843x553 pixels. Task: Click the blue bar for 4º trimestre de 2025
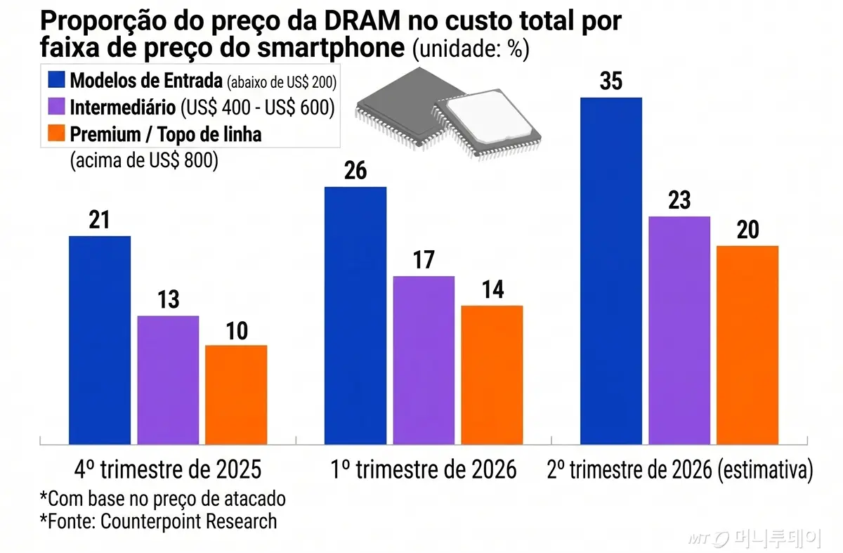[100, 340]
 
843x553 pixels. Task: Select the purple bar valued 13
[168, 380]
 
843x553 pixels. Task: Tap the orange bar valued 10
[236, 395]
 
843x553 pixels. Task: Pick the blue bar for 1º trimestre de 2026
[355, 315]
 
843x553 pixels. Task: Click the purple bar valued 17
[424, 360]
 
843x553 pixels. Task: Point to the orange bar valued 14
[492, 375]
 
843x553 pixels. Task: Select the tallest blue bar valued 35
[611, 271]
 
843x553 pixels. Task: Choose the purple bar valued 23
[679, 330]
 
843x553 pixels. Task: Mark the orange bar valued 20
[747, 345]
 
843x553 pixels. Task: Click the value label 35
[611, 82]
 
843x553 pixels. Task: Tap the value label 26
[355, 171]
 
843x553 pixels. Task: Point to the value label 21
[100, 220]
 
